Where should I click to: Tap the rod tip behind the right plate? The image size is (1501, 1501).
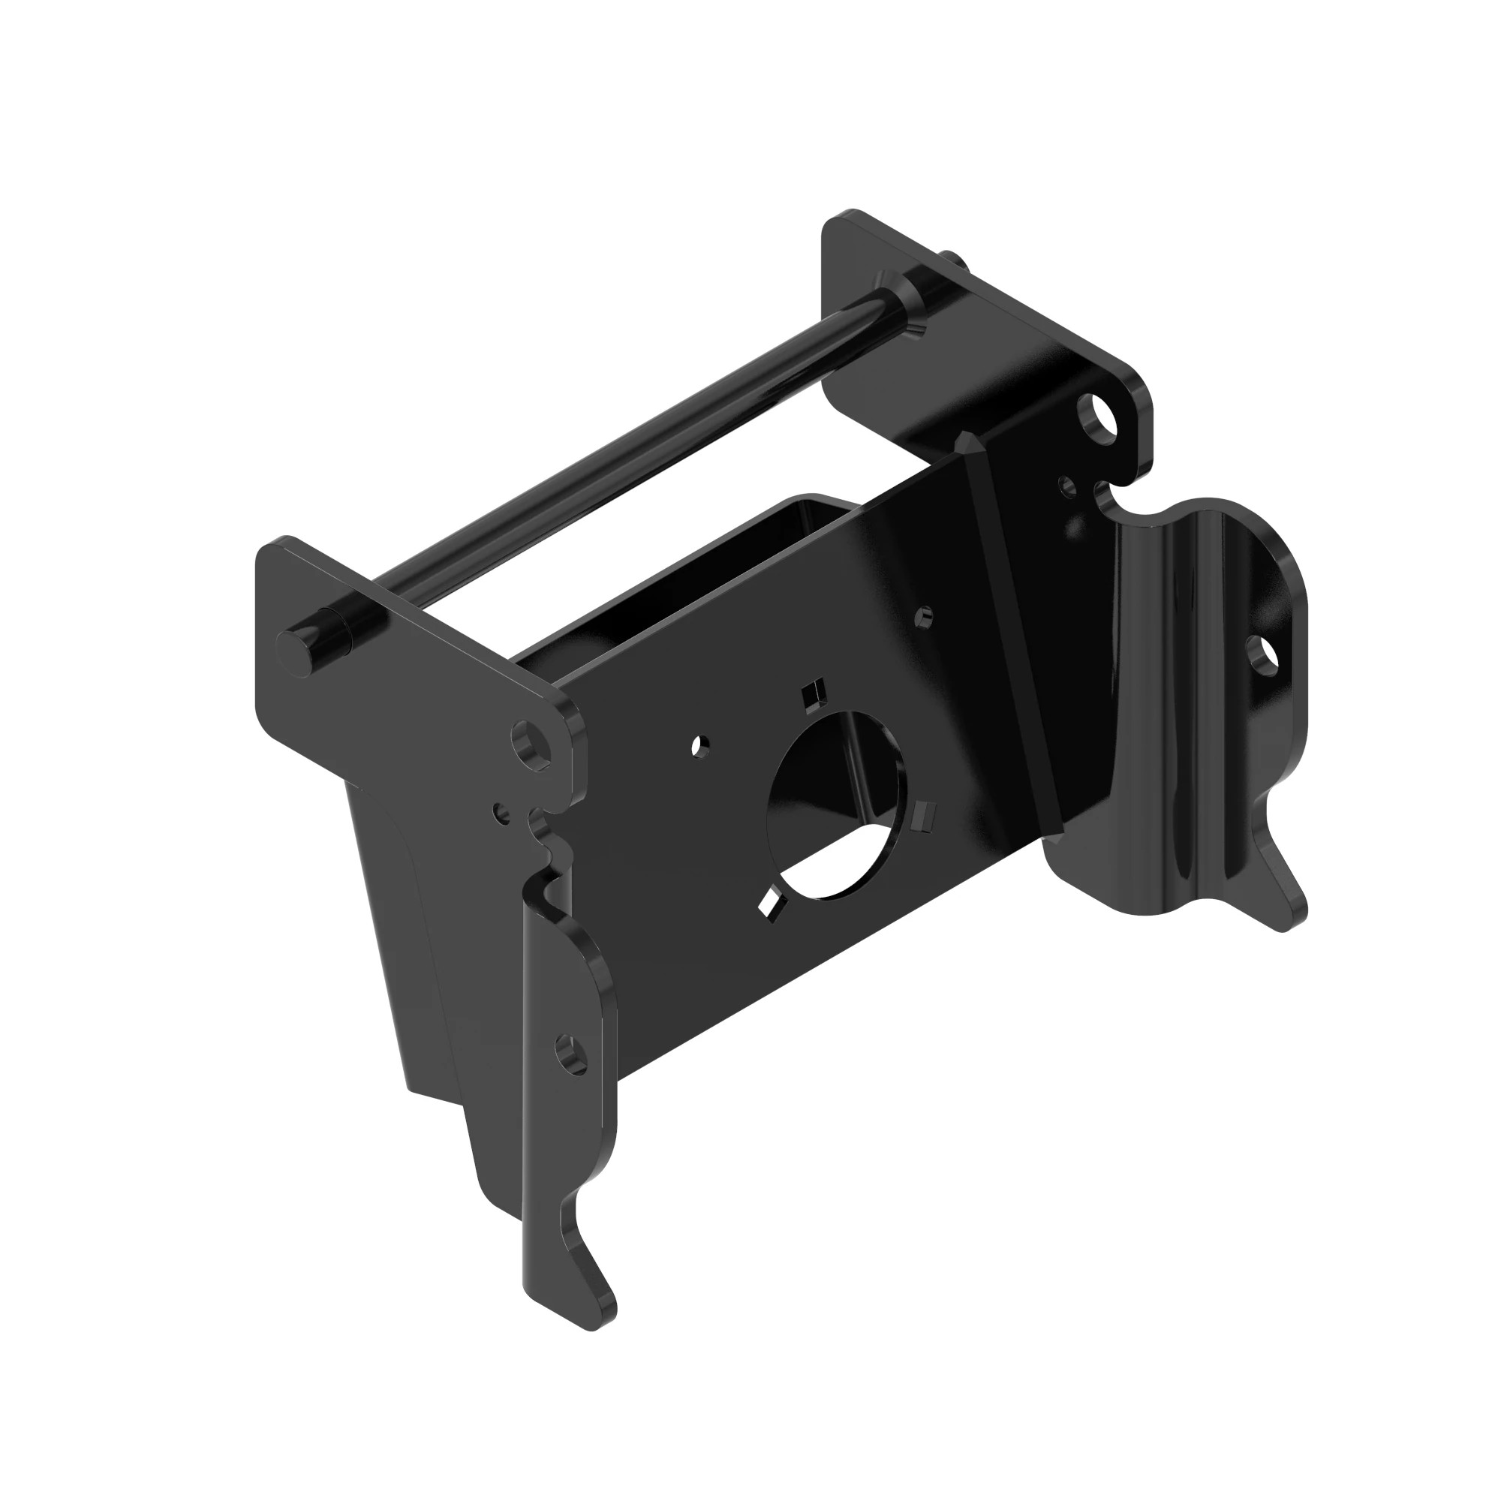tap(954, 260)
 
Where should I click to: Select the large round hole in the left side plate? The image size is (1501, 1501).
tap(532, 742)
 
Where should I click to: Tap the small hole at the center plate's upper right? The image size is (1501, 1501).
tap(924, 617)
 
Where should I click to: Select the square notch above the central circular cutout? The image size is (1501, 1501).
tap(814, 690)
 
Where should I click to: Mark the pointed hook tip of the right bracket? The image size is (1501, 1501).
tap(1294, 919)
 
